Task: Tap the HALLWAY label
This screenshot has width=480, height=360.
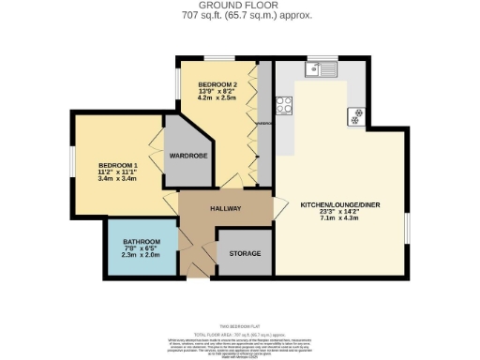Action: (x=225, y=208)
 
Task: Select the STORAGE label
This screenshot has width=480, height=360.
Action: (x=238, y=252)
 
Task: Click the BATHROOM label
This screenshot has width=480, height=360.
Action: (x=141, y=242)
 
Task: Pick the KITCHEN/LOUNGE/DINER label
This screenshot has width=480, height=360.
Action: (x=339, y=203)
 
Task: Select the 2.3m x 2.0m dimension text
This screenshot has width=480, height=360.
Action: (x=141, y=259)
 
